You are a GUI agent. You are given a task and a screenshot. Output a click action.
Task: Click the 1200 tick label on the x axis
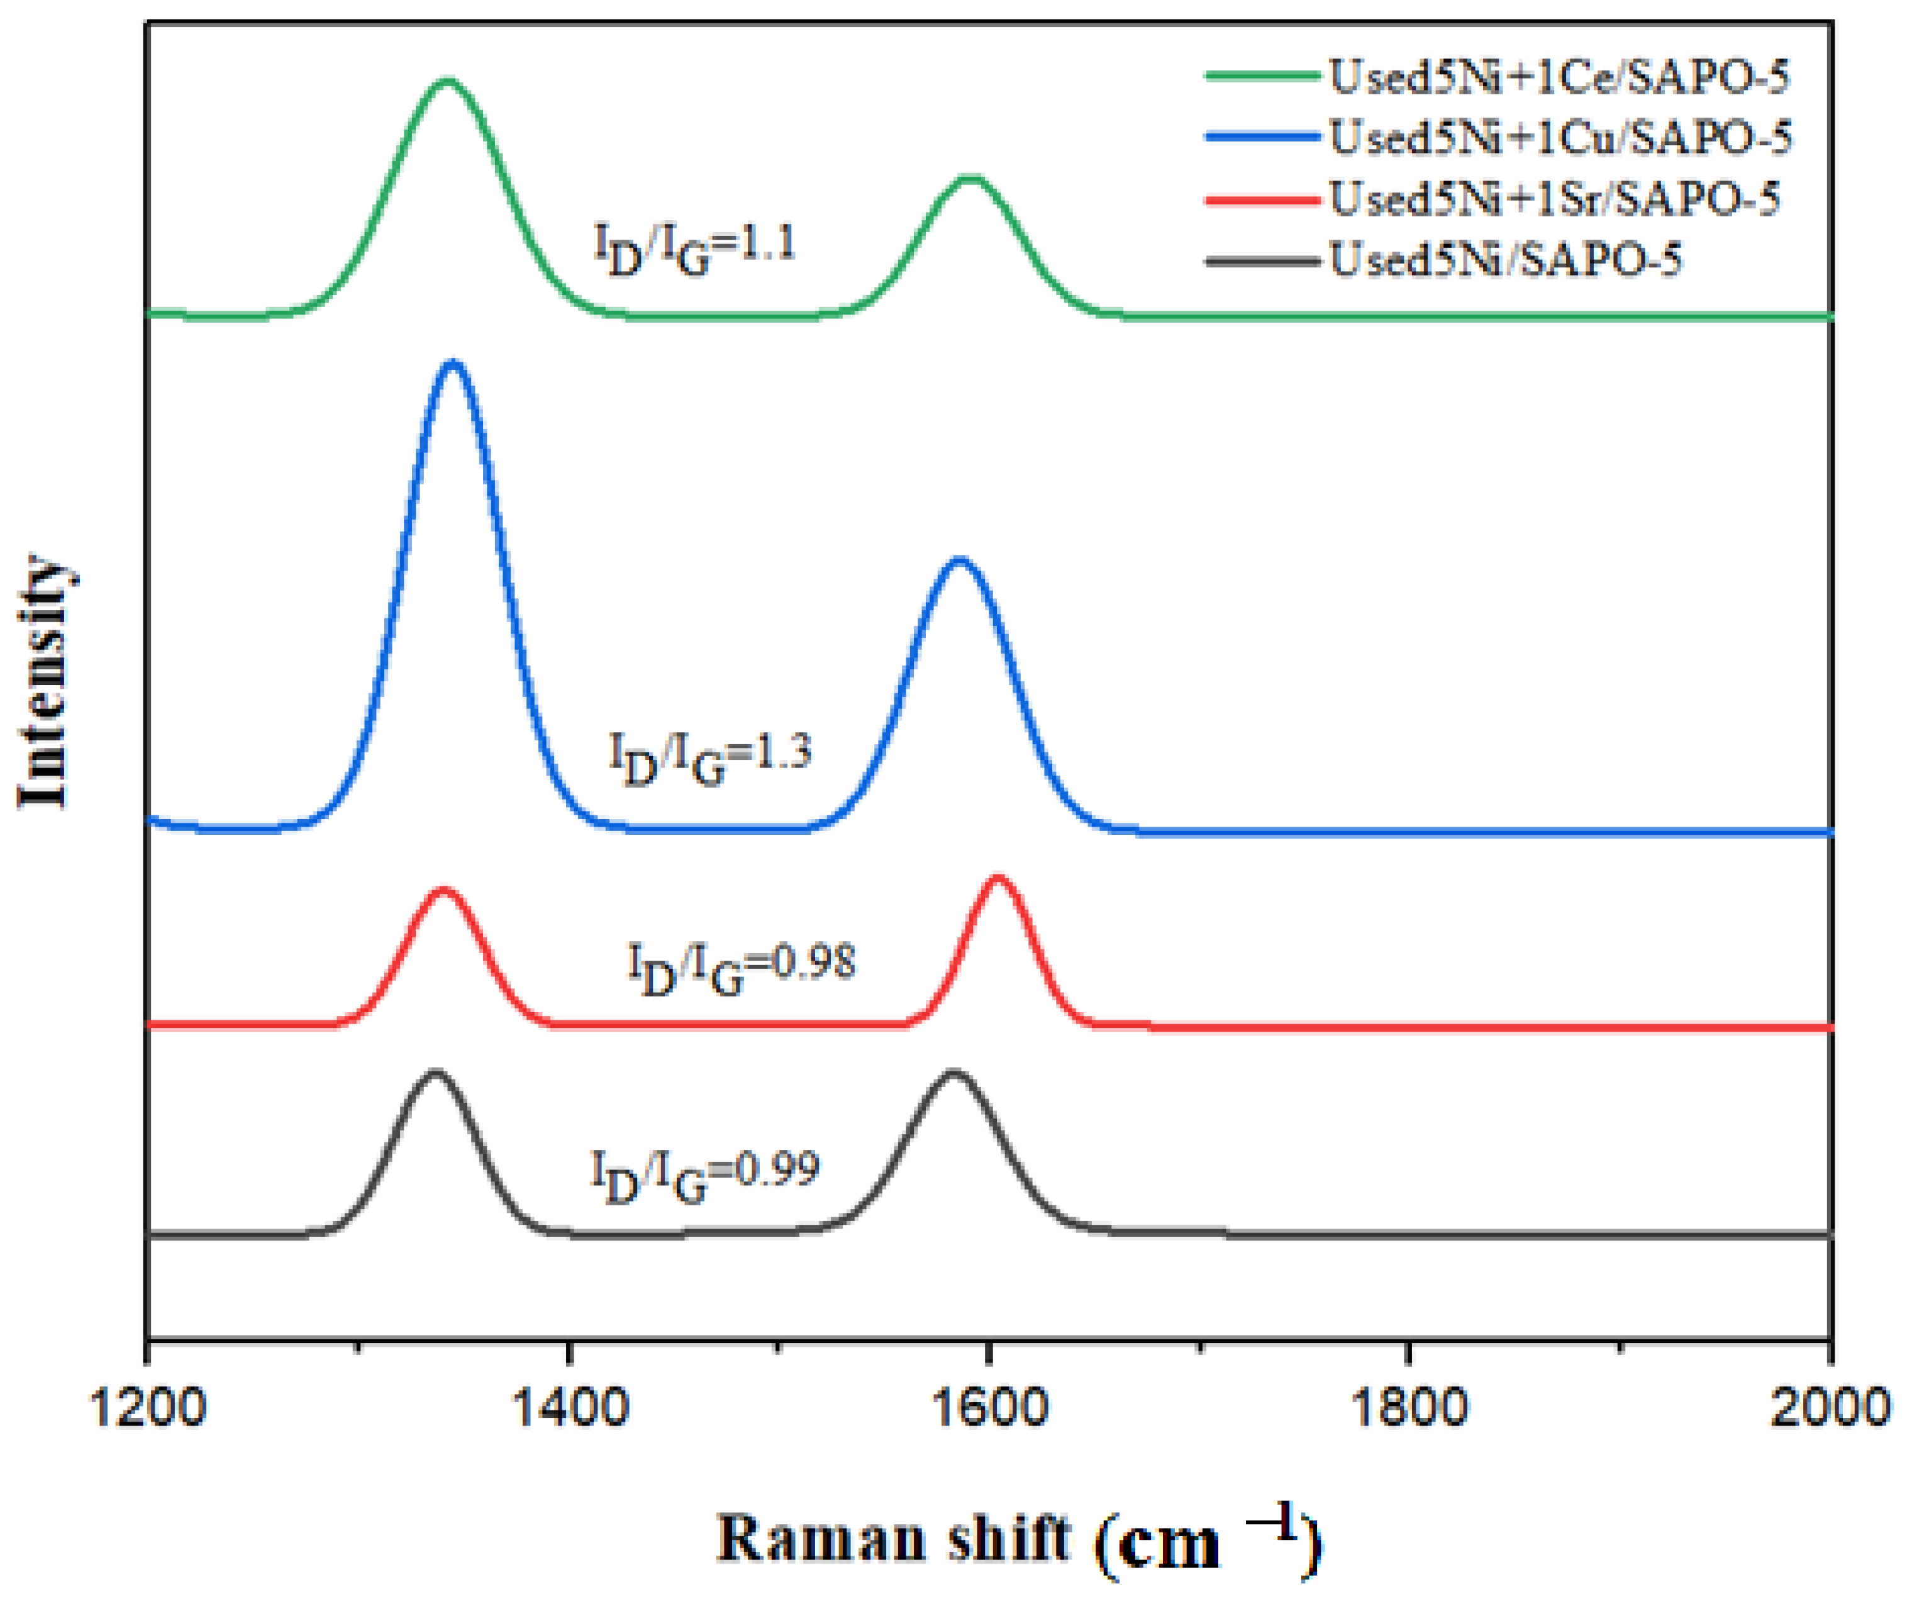pyautogui.click(x=148, y=1407)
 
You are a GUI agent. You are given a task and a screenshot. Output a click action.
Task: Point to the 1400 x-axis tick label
pyautogui.click(x=569, y=1407)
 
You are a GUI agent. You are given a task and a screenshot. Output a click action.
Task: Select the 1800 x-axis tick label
pyautogui.click(x=1409, y=1407)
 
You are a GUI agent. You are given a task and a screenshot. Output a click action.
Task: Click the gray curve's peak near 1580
pyautogui.click(x=953, y=1074)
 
